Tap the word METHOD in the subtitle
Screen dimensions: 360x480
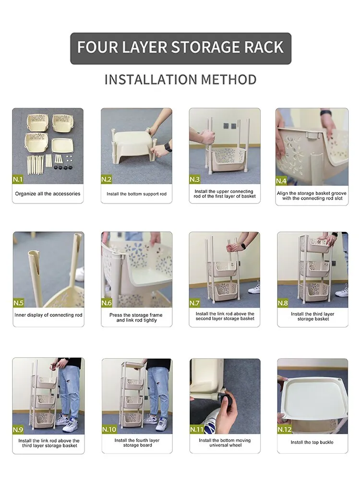tap(228, 80)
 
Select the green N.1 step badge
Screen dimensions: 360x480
tap(17, 179)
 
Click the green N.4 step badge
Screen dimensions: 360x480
tap(281, 181)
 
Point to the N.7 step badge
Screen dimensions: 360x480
tap(194, 303)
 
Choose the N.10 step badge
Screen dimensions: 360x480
tap(109, 429)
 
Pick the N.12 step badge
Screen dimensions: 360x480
tap(284, 429)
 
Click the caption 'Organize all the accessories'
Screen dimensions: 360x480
tap(48, 194)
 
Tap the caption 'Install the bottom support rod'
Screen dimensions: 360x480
tap(136, 194)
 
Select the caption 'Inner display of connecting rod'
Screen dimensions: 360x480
tap(48, 315)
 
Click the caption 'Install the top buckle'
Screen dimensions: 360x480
tap(312, 443)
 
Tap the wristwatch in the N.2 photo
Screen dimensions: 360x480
tap(168, 147)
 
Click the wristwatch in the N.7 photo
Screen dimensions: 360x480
tap(243, 245)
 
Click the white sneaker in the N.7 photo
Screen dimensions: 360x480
tap(254, 288)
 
